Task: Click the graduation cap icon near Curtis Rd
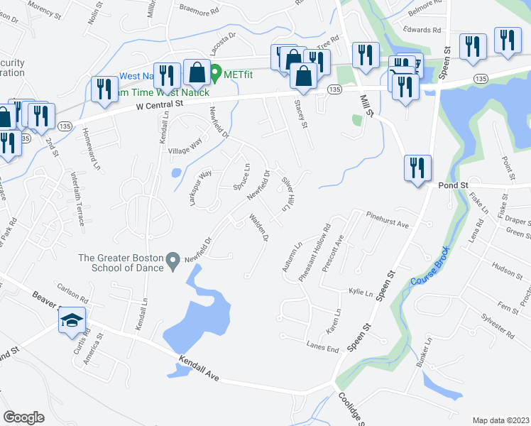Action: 72,321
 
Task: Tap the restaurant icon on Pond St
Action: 417,168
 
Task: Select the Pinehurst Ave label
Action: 388,219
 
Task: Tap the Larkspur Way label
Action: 201,187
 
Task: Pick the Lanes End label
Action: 322,346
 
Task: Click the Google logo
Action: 23,417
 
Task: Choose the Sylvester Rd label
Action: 497,325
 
